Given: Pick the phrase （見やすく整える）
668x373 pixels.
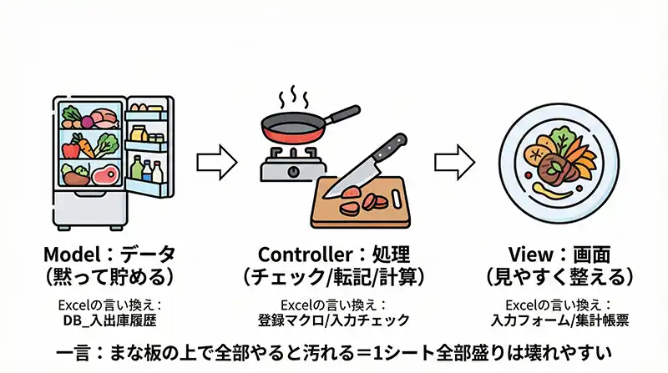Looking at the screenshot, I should (x=559, y=276).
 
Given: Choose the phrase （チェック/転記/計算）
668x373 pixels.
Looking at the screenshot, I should (x=334, y=276).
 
